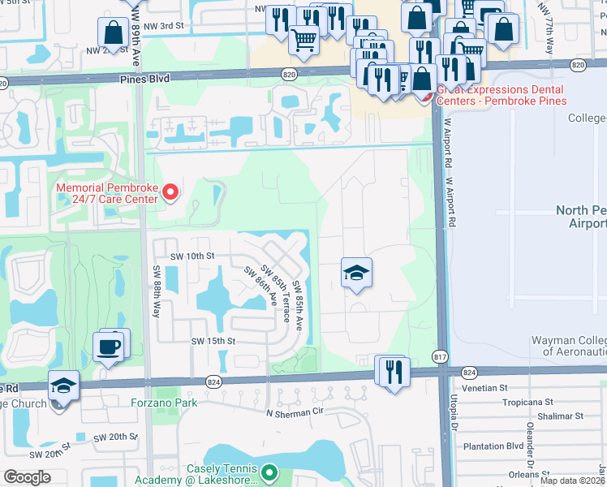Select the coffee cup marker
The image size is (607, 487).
(110, 347)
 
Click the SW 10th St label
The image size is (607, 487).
(191, 255)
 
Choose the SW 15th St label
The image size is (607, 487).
(213, 342)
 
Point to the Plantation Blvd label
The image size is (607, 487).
(515, 446)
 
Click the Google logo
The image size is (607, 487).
(27, 477)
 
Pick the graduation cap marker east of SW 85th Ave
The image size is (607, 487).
(355, 274)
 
